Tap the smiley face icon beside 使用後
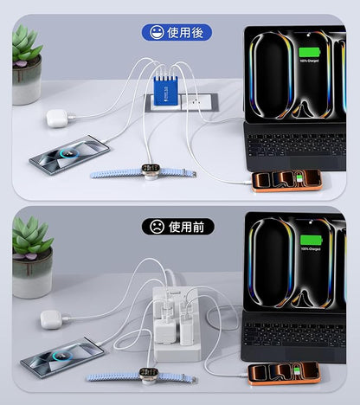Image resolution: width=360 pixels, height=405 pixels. coord(156,34)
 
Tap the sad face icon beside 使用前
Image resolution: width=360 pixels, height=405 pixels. coord(157,227)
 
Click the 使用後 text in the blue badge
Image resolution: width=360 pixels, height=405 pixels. coord(185,34)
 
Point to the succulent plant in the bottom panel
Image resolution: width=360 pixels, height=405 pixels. coord(31,241)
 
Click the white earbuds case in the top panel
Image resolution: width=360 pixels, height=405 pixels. coord(57,118)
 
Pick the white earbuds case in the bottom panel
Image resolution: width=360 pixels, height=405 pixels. coord(52,319)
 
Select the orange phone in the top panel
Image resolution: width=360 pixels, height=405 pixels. coord(286,180)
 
